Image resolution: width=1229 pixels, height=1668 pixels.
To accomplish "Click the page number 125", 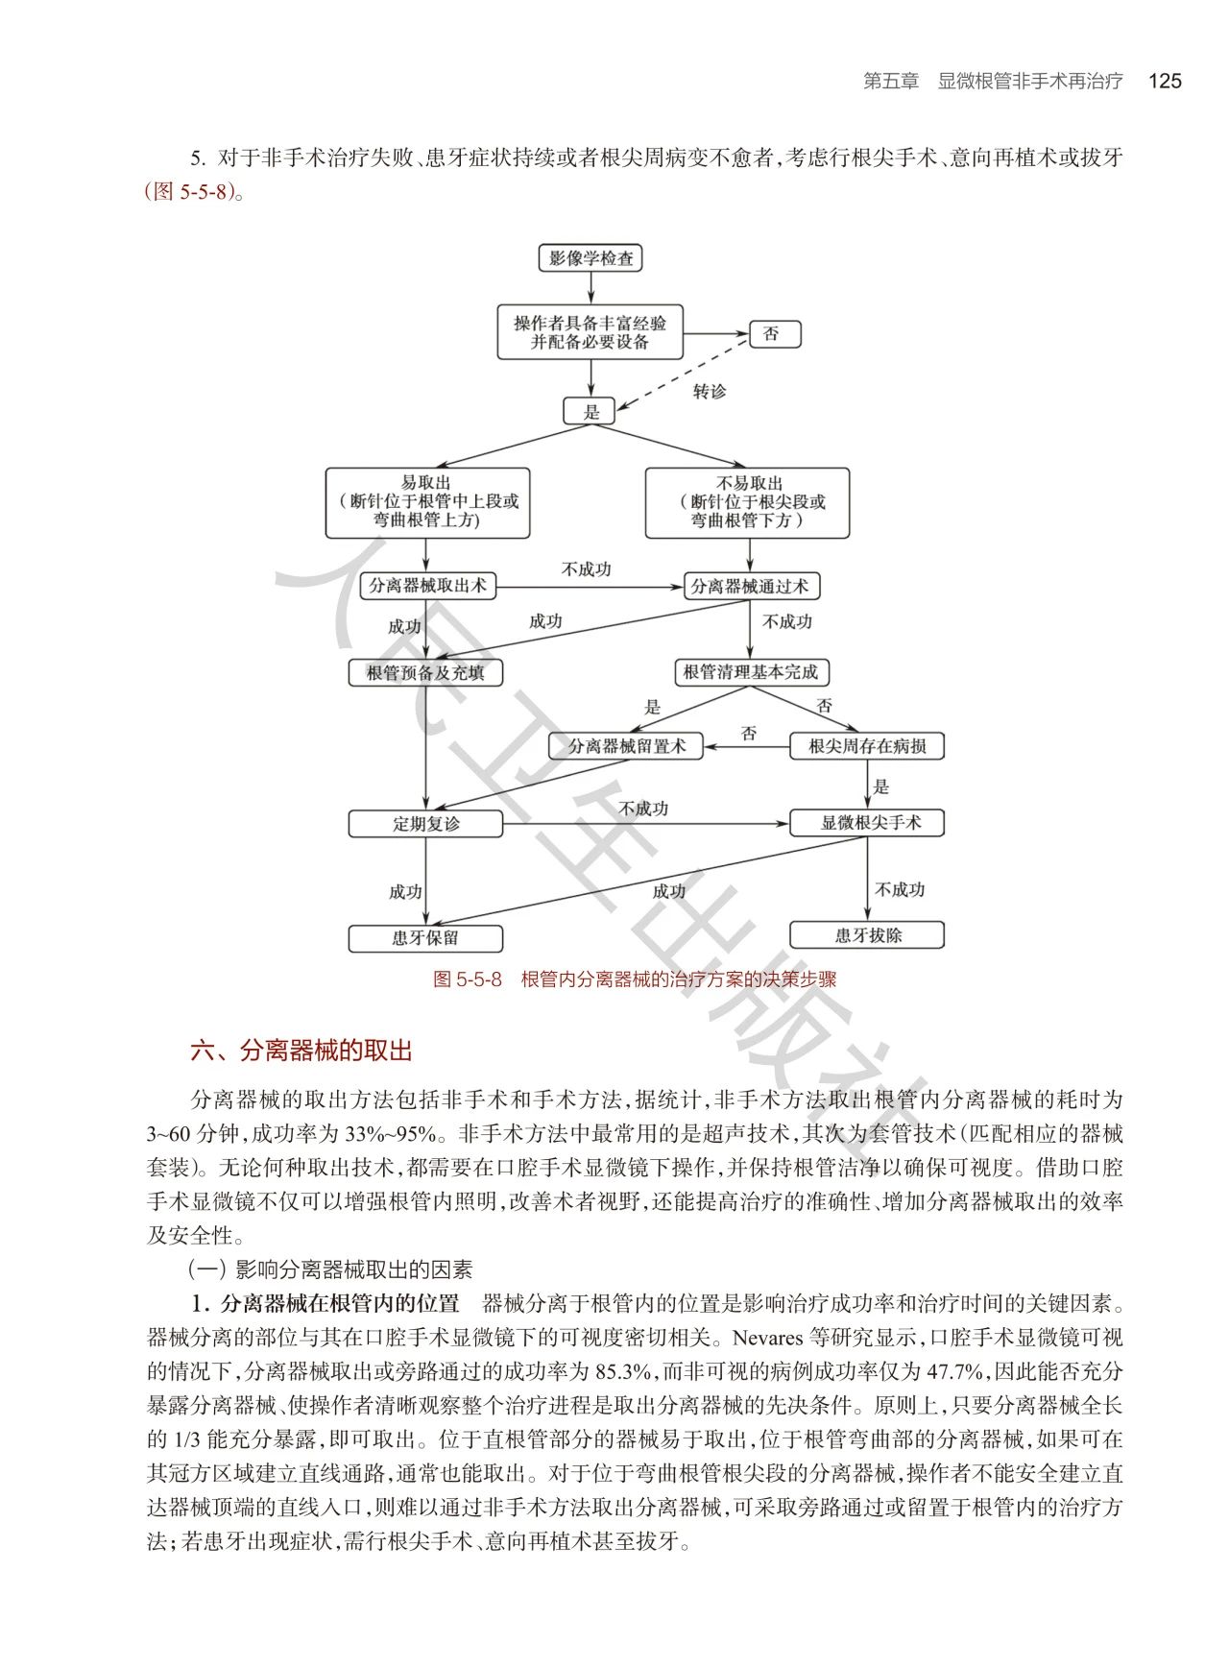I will coord(1164,82).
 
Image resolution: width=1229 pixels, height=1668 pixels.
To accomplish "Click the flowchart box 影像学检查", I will coord(590,258).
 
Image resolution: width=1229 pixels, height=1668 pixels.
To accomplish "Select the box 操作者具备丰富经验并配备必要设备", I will coord(590,332).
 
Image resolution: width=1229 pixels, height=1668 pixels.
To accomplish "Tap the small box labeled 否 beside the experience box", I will coord(774,334).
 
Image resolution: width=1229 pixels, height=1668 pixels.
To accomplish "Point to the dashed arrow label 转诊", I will coord(710,392).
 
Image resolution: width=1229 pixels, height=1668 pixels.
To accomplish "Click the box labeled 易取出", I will coord(427,502).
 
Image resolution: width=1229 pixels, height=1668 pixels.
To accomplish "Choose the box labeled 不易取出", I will coord(747,502).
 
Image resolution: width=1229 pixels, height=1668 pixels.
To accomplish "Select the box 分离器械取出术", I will coord(427,586).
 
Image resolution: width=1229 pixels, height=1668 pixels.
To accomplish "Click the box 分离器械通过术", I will coord(751,586).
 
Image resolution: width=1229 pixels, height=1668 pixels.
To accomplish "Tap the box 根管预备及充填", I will coord(425,672).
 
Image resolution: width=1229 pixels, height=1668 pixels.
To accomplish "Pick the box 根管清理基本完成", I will coord(751,672).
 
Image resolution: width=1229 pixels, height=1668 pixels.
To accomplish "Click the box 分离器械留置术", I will coord(626,746).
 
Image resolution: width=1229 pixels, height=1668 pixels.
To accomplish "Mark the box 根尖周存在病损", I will coord(866,746).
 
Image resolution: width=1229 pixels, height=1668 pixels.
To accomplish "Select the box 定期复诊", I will coord(425,824).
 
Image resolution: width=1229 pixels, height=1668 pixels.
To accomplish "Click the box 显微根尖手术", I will coord(866,823).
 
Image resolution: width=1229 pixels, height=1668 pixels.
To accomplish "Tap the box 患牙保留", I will coord(425,938).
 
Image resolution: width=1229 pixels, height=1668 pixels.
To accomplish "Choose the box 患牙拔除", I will coord(866,935).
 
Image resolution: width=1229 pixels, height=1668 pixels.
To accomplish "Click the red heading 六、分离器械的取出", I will coord(301,1051).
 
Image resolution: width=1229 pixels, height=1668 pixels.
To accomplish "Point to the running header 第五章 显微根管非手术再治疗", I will coord(993,82).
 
